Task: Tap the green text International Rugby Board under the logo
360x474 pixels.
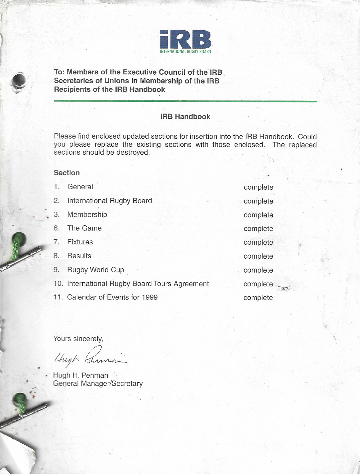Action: [185, 52]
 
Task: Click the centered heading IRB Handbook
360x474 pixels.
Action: [185, 117]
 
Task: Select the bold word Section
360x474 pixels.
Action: [67, 173]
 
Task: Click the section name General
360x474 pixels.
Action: [80, 187]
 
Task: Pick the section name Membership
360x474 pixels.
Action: [87, 214]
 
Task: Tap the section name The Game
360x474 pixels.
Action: [84, 228]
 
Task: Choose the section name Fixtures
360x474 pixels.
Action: [80, 242]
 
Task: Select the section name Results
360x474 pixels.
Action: [79, 256]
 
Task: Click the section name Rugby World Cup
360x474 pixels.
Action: [95, 270]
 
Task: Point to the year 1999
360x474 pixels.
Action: [150, 297]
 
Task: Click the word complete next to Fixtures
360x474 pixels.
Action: [258, 243]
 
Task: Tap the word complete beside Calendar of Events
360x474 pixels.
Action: [258, 298]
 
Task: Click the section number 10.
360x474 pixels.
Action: [58, 284]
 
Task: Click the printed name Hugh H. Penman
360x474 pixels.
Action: [80, 375]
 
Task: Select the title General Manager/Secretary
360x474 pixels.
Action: [98, 384]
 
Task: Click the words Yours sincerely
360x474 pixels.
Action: [78, 339]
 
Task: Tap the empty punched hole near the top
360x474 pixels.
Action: [19, 79]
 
